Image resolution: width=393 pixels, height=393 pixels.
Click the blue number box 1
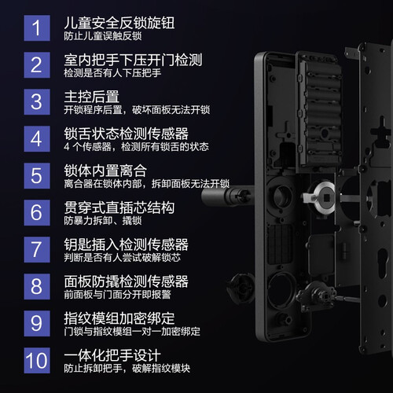(x=37, y=28)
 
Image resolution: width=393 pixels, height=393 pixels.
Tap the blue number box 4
(x=37, y=138)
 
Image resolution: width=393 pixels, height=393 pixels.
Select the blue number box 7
(x=37, y=249)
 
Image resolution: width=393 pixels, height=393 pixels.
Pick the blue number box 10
(x=37, y=360)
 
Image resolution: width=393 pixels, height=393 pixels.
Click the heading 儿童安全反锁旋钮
(x=119, y=23)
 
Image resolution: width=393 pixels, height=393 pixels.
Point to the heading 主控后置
(x=92, y=97)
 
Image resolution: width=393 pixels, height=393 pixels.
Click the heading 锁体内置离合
(x=105, y=171)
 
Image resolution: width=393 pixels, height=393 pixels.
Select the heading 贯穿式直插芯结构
(x=119, y=208)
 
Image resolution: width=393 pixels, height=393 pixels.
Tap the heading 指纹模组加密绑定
(x=119, y=318)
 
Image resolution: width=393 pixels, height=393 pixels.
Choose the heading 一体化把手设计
(x=112, y=355)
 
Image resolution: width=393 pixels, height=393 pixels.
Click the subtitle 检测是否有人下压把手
(x=112, y=73)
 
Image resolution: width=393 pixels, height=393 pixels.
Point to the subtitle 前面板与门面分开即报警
(x=117, y=295)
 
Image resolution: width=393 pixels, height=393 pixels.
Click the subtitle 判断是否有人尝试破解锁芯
(x=123, y=258)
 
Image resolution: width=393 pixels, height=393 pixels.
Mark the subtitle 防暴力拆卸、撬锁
(x=103, y=221)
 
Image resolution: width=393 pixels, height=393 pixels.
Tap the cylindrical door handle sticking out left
(x=227, y=196)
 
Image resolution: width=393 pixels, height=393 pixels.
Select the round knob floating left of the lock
(x=241, y=288)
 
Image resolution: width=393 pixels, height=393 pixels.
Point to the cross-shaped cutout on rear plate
(x=381, y=130)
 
